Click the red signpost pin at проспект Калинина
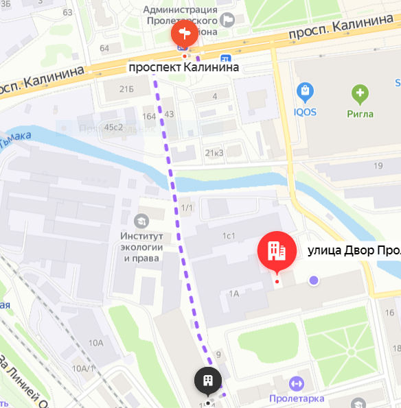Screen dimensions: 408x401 tap(183, 35)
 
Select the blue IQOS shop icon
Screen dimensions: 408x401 tap(305, 91)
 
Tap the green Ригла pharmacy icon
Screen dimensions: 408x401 tap(359, 93)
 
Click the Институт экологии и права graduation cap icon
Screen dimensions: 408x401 tap(141, 221)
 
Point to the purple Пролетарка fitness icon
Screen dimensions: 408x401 tap(297, 382)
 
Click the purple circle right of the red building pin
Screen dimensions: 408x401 tap(314, 280)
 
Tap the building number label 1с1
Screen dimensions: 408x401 tap(229, 236)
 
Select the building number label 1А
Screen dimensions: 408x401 tap(233, 293)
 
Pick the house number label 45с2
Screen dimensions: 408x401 tap(113, 127)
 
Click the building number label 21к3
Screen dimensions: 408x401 tap(214, 152)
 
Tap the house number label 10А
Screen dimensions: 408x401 tap(95, 343)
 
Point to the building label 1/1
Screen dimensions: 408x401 tap(187, 208)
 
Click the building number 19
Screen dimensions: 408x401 tap(378, 166)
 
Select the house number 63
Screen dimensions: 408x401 tap(67, 12)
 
